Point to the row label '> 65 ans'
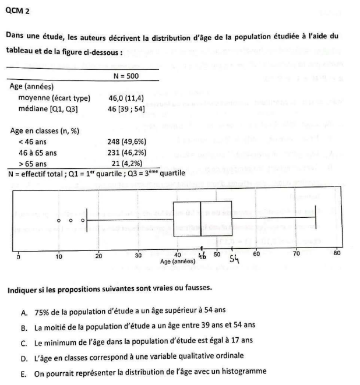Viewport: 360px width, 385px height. tap(33, 164)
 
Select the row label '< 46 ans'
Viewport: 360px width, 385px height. tap(33, 141)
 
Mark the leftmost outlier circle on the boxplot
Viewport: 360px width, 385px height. tap(59, 221)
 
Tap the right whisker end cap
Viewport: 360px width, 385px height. tap(315, 220)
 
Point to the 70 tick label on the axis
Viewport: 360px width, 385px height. tap(296, 255)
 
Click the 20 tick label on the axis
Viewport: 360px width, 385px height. tap(98, 255)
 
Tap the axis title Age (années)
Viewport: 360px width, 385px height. tap(178, 262)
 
